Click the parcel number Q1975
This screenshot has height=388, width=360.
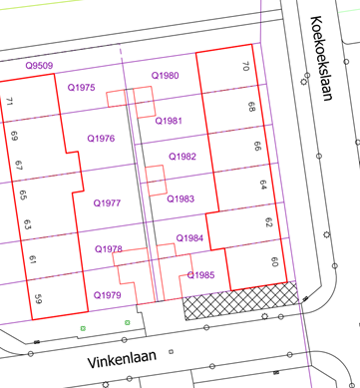click(x=81, y=89)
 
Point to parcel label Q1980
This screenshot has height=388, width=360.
click(x=165, y=76)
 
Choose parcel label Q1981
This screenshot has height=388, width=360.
click(x=169, y=121)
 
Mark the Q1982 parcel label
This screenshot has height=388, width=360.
click(x=181, y=157)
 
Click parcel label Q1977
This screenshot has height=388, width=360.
click(x=107, y=202)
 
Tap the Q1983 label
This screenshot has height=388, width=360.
click(x=180, y=198)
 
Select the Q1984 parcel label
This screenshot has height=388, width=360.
click(x=189, y=238)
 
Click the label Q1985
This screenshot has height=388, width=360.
click(x=200, y=275)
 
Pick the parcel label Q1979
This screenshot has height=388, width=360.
click(x=107, y=295)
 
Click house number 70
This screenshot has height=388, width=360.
click(x=245, y=67)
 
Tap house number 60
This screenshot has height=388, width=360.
click(x=273, y=262)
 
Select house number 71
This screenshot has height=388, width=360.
click(x=10, y=103)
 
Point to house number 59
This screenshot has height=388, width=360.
click(x=38, y=297)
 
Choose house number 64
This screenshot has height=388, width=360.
click(x=262, y=186)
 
